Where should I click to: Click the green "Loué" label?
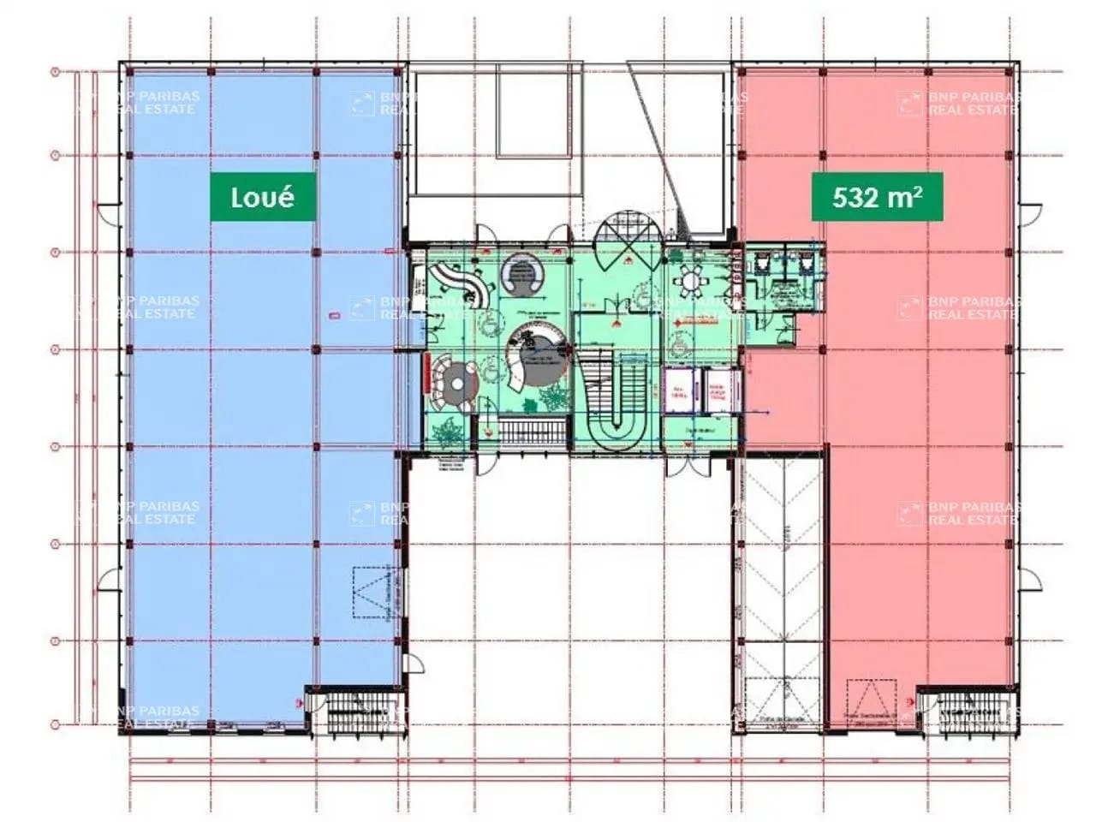(x=263, y=197)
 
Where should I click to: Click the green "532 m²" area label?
(x=877, y=197)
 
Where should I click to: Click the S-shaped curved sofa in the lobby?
(x=462, y=283)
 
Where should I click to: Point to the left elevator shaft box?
(x=680, y=390)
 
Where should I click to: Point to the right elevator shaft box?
(x=717, y=390)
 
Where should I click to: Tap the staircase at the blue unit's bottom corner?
(x=354, y=710)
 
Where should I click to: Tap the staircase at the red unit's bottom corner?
(x=966, y=710)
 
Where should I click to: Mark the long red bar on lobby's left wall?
(x=426, y=373)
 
